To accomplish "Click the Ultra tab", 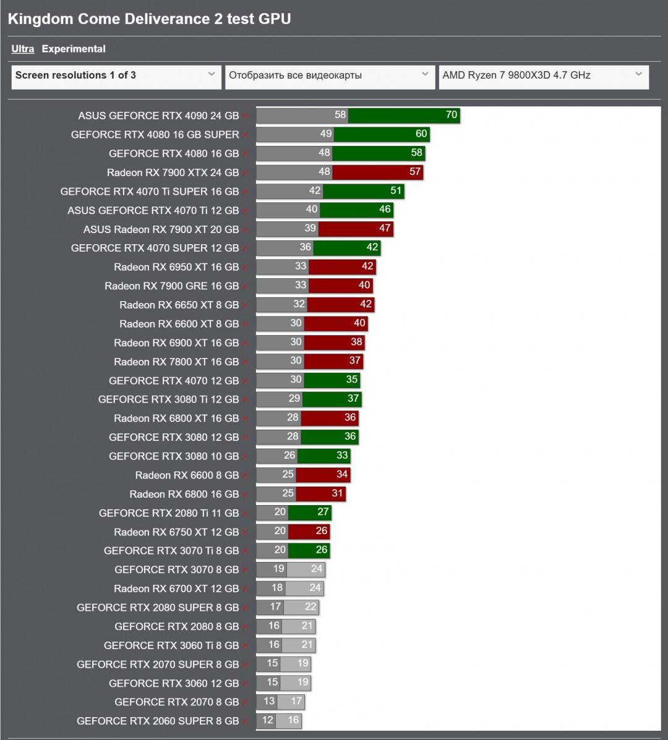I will (x=22, y=49).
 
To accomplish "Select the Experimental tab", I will (x=74, y=49).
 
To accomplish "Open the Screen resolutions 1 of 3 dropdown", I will (x=116, y=75).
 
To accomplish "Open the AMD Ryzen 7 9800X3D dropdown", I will (x=543, y=75).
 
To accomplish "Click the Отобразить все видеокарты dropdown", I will (x=329, y=75).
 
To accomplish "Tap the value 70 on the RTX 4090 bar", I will (x=451, y=114).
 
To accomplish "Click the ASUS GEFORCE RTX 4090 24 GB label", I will (x=158, y=116).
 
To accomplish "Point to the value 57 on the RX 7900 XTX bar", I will (x=415, y=171).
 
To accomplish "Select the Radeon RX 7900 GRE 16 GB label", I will (x=171, y=286).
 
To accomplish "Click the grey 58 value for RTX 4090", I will (x=340, y=114).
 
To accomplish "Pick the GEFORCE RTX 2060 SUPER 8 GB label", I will (x=158, y=721).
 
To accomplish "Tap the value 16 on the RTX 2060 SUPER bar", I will (x=293, y=720).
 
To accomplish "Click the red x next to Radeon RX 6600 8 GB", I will (x=245, y=476).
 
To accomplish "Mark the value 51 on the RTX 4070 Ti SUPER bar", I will (x=396, y=190).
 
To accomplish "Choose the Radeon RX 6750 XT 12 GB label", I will (x=176, y=532).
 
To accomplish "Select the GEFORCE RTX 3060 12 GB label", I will (x=174, y=683).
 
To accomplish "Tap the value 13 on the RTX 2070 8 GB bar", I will (x=269, y=701).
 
